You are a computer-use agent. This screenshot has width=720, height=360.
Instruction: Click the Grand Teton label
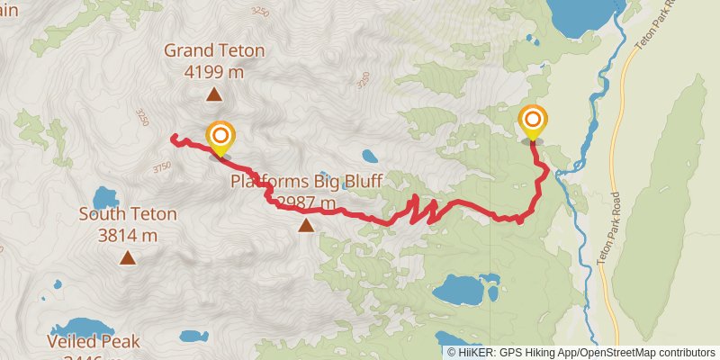tap(214, 50)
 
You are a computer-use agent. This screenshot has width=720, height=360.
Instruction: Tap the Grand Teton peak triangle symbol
tap(214, 94)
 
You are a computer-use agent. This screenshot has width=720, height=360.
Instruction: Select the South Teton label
tap(128, 215)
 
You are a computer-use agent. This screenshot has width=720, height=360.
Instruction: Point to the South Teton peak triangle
tap(128, 259)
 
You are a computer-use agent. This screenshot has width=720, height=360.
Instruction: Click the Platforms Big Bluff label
tap(307, 182)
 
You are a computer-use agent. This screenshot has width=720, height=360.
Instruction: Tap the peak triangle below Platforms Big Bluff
tap(307, 225)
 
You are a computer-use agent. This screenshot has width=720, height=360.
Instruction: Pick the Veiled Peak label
tap(95, 342)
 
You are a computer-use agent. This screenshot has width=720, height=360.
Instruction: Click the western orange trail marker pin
tap(220, 138)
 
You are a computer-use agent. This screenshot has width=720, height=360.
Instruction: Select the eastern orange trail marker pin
tap(533, 121)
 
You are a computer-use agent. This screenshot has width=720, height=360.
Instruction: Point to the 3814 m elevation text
tap(128, 235)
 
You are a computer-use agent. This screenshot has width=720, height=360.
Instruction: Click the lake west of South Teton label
tap(104, 198)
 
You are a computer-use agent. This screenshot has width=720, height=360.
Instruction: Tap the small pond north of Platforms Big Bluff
tap(370, 155)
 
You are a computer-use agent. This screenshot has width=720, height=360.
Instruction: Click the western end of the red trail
tap(172, 137)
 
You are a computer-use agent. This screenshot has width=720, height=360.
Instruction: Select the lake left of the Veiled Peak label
tap(72, 329)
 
